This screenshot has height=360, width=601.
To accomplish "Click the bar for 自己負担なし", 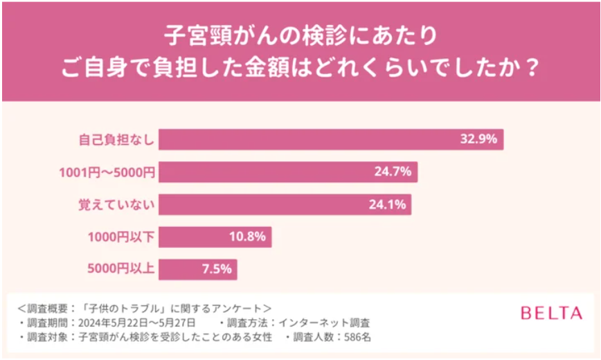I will [331, 139].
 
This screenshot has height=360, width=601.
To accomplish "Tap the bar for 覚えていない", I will [285, 204].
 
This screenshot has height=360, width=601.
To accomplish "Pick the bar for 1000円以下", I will [215, 237].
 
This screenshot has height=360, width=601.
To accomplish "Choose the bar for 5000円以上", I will [198, 269].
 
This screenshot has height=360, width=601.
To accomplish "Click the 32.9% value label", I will [478, 139].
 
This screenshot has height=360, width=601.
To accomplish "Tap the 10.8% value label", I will [247, 237].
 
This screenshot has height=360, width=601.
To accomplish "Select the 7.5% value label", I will [217, 269].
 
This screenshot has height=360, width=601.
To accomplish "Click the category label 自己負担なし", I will [115, 139].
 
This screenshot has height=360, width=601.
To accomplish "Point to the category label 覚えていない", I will [115, 204].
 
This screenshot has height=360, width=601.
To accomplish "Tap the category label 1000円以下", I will [120, 237].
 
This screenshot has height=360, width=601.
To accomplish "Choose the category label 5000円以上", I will [120, 269].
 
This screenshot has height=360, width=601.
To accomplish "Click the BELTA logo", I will [551, 314].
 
